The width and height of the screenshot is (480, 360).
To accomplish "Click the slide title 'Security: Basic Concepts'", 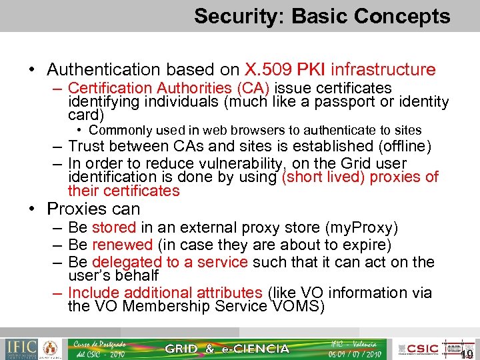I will [x=322, y=16].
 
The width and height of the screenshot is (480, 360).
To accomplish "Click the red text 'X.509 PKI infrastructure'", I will [x=340, y=69].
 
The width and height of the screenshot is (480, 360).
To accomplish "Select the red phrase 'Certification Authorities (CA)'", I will [x=169, y=88].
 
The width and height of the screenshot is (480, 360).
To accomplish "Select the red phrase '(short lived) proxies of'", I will [x=360, y=177].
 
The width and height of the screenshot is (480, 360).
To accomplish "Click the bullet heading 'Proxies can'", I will [x=93, y=209].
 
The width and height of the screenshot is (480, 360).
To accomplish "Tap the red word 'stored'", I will [x=114, y=229].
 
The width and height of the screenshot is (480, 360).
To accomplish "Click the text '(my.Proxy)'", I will [x=365, y=229].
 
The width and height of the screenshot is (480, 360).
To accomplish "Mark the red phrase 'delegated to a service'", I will [x=169, y=262].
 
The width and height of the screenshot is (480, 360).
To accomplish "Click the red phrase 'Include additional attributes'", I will [x=165, y=293].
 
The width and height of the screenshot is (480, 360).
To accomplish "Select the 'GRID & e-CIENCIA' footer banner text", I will [x=227, y=349].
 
